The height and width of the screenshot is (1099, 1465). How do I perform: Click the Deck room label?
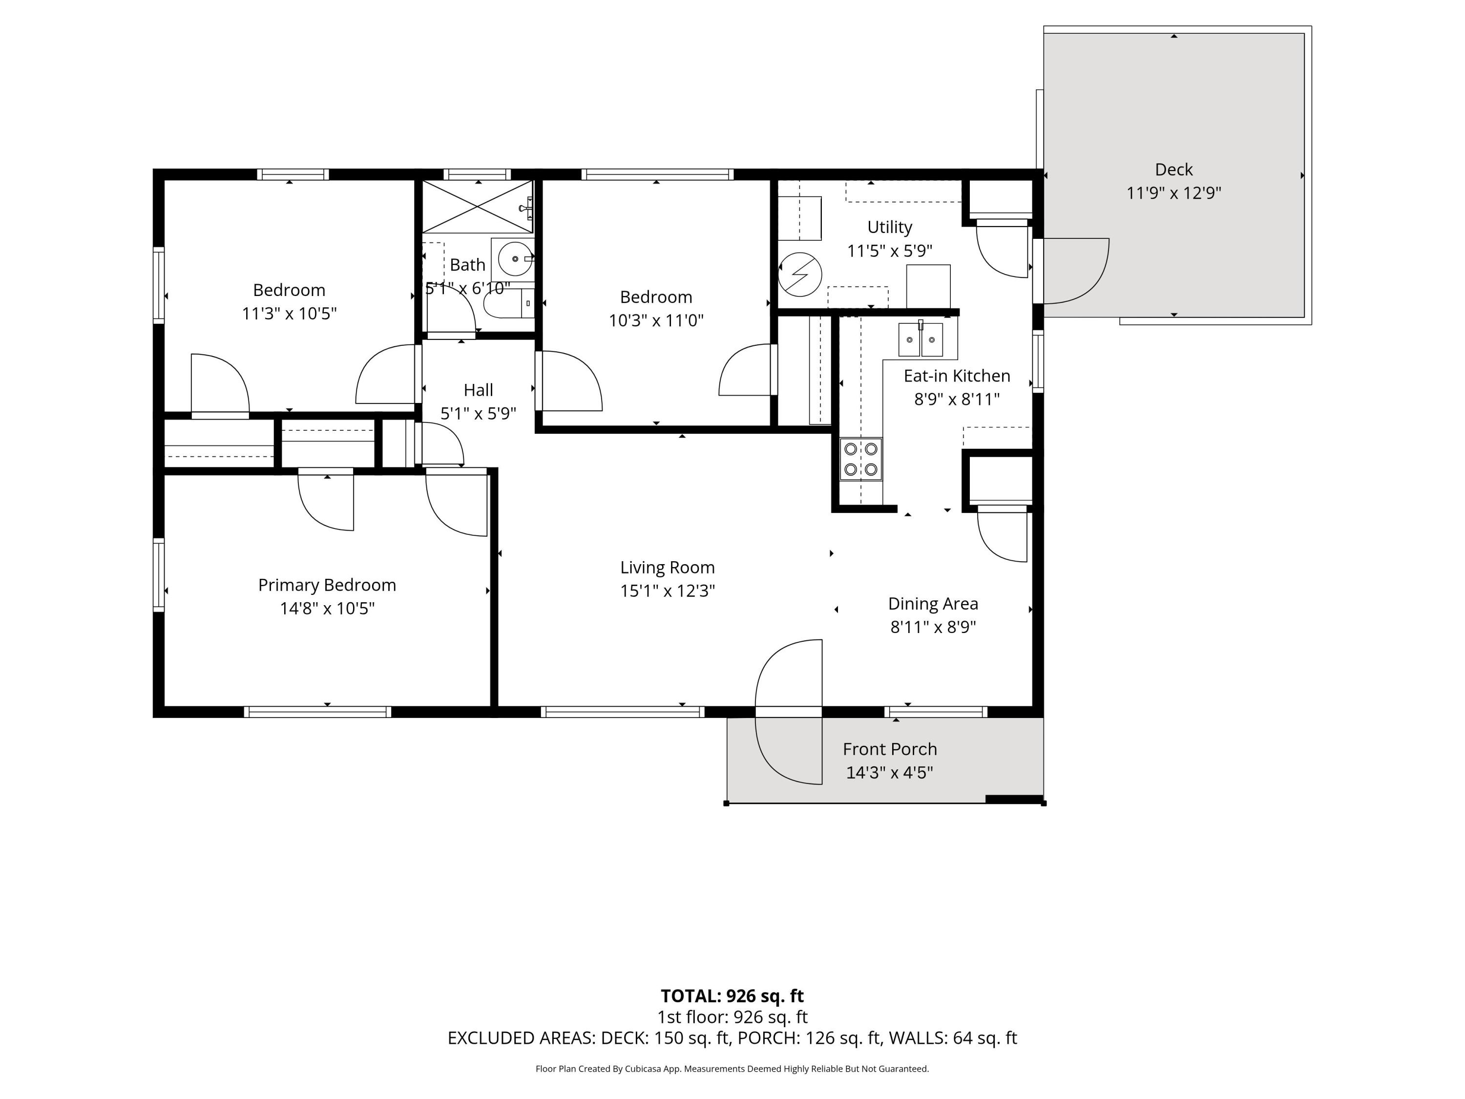pyautogui.click(x=1173, y=169)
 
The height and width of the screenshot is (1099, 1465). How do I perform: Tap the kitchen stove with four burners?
pyautogui.click(x=860, y=459)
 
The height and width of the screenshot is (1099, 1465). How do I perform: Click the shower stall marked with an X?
pyautogui.click(x=477, y=207)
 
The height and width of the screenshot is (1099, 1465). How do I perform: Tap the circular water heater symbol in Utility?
pyautogui.click(x=799, y=274)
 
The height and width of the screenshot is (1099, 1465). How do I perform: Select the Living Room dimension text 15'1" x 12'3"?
pyautogui.click(x=667, y=591)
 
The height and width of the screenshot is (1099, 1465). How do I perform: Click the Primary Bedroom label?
pyautogui.click(x=327, y=585)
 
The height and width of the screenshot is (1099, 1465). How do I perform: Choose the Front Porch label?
pyautogui.click(x=889, y=749)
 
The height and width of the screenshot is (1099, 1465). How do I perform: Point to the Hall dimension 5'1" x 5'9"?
pyautogui.click(x=478, y=413)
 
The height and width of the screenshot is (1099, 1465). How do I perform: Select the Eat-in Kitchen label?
pyautogui.click(x=956, y=376)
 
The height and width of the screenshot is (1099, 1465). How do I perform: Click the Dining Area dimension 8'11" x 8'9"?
pyautogui.click(x=933, y=627)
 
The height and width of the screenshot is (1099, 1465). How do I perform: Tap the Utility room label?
pyautogui.click(x=889, y=227)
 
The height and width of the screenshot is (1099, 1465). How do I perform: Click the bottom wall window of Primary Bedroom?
pyautogui.click(x=317, y=712)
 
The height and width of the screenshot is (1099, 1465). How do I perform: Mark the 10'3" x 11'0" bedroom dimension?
pyautogui.click(x=656, y=320)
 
